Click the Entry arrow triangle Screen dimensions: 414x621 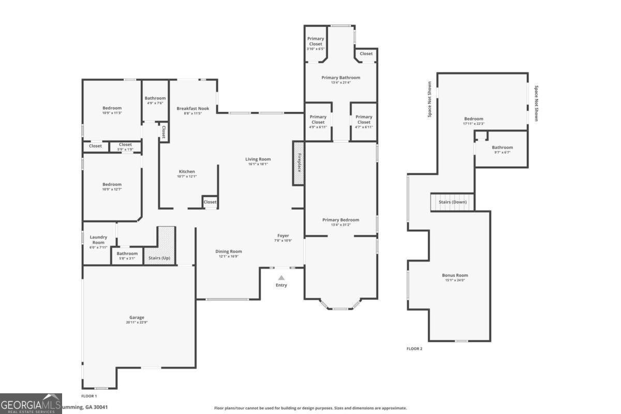coord(281,278)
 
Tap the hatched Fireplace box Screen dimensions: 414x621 coord(299,162)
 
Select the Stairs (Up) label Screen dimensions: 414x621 coord(159,258)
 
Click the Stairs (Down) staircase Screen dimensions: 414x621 coord(452,202)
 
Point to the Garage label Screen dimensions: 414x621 coord(137,317)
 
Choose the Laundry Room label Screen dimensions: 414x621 coord(98,240)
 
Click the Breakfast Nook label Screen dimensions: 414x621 coord(193,108)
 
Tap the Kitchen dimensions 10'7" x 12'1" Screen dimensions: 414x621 coord(187,176)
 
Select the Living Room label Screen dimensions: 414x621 coord(258,159)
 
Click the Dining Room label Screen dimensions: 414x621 coord(228,252)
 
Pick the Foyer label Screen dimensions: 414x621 coord(283,235)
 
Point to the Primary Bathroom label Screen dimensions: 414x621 coord(341,78)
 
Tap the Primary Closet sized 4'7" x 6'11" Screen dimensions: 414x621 coord(364,120)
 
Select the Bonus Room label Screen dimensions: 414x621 coord(455,275)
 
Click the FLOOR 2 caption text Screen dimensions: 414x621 coord(414,349)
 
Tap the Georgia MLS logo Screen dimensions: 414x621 coord(31,404)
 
